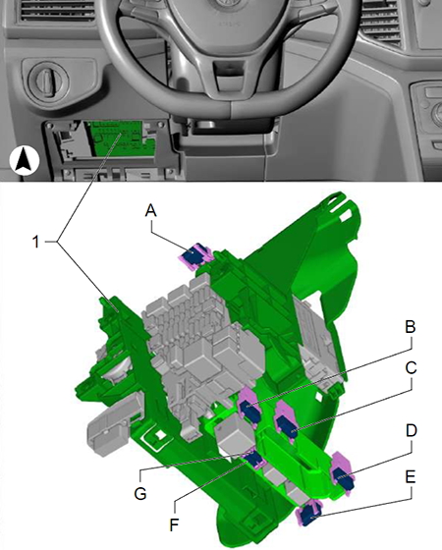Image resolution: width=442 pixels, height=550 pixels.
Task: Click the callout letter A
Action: [x=150, y=211]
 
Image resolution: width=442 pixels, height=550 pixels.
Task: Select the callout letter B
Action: [x=411, y=327]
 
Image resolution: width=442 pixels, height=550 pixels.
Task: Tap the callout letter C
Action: [x=411, y=368]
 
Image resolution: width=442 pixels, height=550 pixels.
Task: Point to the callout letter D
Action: [x=411, y=431]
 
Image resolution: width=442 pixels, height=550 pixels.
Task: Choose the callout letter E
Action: [x=411, y=477]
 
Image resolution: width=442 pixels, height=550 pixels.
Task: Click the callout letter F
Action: [x=174, y=525]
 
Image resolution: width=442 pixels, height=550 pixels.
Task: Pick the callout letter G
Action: [x=140, y=494]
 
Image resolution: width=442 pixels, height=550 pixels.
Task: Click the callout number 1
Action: [x=35, y=242]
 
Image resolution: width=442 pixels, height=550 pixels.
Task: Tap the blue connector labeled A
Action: [x=194, y=255]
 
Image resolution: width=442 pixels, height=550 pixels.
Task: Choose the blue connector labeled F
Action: [x=254, y=460]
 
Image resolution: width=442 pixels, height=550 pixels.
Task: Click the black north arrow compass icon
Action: [x=25, y=161]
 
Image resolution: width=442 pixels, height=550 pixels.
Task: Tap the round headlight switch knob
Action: [x=48, y=79]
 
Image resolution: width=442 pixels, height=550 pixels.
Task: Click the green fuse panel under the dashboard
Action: [x=121, y=138]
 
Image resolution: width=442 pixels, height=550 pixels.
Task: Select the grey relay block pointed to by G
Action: [x=235, y=434]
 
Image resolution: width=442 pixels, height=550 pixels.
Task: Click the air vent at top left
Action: [x=58, y=10]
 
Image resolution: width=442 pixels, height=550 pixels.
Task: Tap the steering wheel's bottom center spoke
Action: [x=228, y=76]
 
